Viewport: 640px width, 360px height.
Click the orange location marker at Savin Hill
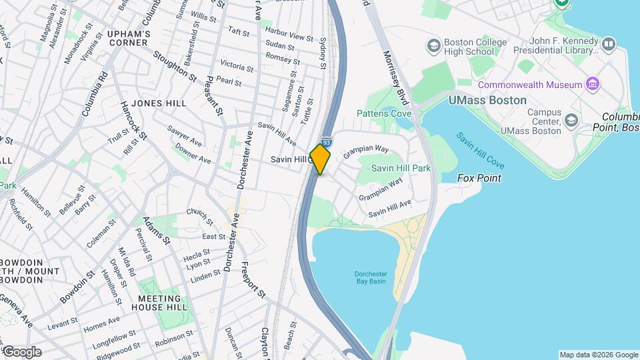click(x=320, y=159)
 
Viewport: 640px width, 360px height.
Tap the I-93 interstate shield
click(x=326, y=142)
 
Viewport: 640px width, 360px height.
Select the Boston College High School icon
click(x=434, y=46)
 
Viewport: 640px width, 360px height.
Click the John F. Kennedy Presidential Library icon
click(x=608, y=45)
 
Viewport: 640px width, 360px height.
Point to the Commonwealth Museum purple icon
click(x=591, y=84)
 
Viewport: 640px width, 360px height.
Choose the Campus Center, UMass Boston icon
click(x=571, y=120)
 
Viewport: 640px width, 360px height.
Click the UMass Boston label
click(x=487, y=100)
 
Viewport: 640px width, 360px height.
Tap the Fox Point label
click(x=479, y=178)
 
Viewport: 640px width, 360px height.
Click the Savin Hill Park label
click(x=401, y=168)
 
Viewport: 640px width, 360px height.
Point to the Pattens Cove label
click(x=383, y=114)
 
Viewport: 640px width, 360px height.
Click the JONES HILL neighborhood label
click(x=159, y=103)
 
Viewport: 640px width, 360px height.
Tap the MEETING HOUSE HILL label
click(x=159, y=303)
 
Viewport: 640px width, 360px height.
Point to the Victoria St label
click(x=237, y=67)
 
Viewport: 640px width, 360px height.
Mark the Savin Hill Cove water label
click(x=480, y=151)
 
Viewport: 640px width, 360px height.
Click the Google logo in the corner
click(x=21, y=351)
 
